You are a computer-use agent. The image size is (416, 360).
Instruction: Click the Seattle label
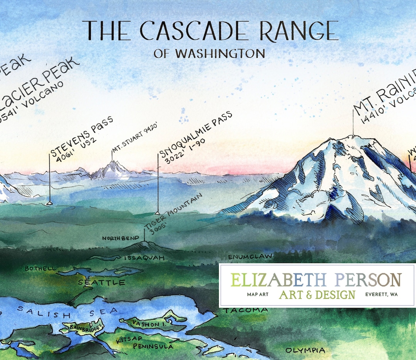(x=102, y=283)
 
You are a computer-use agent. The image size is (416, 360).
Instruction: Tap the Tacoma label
(x=246, y=310)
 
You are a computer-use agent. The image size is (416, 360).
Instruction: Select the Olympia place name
(x=305, y=350)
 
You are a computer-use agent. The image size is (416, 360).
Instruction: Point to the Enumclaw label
(x=250, y=256)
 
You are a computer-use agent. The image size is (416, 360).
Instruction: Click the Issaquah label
(x=144, y=258)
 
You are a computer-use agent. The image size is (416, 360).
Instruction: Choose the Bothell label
(x=40, y=268)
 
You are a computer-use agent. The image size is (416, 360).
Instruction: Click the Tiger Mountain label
(x=174, y=214)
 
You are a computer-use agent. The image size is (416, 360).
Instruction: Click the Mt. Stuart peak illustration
(x=112, y=169)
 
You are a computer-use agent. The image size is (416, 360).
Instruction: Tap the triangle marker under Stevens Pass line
(x=49, y=202)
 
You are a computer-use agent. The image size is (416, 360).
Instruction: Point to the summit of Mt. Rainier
(x=353, y=136)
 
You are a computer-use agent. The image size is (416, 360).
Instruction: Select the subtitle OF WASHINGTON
(x=209, y=53)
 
